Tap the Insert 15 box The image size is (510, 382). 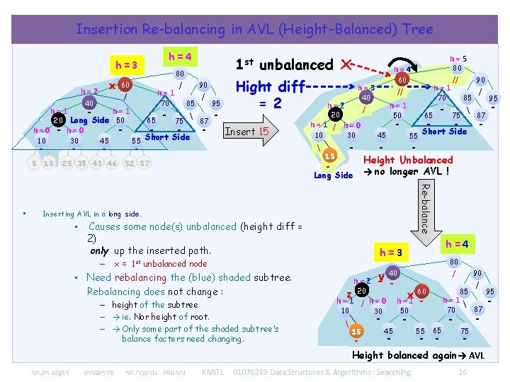click(246, 131)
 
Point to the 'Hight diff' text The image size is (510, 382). click(270, 86)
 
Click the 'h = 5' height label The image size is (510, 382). click(458, 59)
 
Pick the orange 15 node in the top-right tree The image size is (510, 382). click(329, 156)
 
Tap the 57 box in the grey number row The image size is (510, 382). click(144, 163)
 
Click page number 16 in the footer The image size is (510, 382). click(463, 372)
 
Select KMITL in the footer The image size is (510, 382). click(212, 372)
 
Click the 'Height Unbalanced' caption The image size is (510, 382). click(407, 160)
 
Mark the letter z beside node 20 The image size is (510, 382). click(348, 294)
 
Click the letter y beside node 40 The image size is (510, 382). click(381, 277)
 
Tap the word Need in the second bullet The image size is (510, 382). click(98, 277)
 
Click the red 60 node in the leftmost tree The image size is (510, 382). click(123, 83)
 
